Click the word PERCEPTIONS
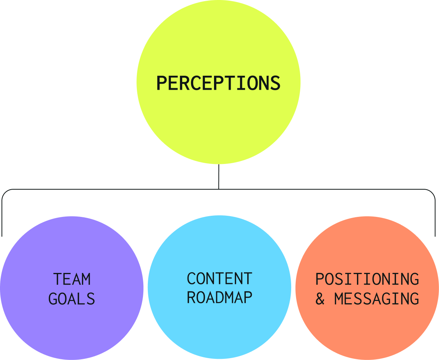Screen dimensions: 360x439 (218, 83)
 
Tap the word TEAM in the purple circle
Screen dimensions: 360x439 (72, 279)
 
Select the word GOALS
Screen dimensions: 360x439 (72, 299)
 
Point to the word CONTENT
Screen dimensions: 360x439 (219, 279)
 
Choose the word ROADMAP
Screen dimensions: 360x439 (219, 298)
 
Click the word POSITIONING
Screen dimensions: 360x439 (367, 279)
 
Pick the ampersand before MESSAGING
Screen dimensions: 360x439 (320, 299)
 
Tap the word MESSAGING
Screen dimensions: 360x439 (377, 299)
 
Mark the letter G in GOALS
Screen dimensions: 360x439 (53, 299)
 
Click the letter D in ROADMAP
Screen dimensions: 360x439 (219, 298)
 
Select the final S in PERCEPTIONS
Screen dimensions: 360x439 (275, 83)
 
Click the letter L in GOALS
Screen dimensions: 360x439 (81, 299)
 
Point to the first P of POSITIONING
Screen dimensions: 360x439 (320, 279)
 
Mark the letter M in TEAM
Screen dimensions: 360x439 (86, 279)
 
